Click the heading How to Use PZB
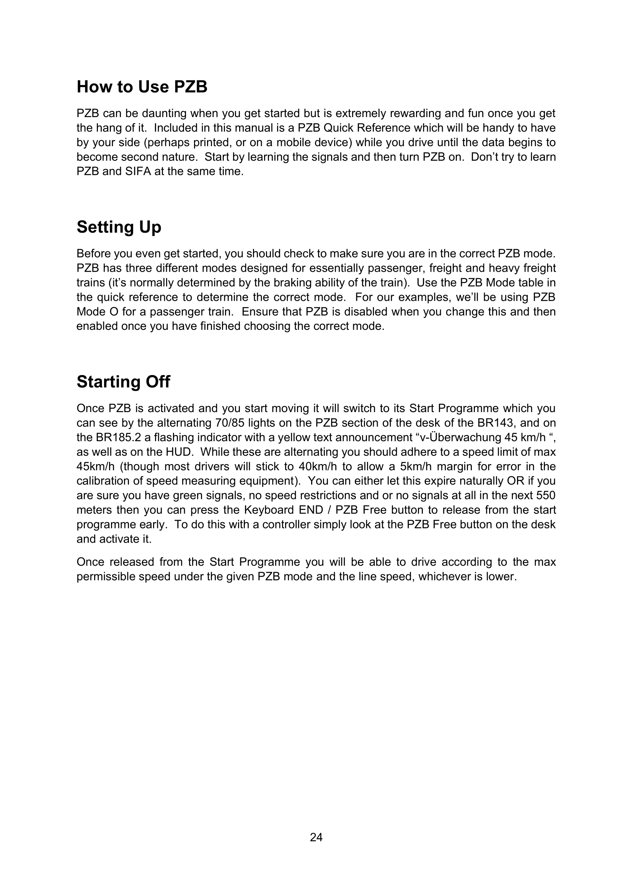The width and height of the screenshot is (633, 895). tap(142, 86)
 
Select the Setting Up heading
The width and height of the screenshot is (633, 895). tap(119, 227)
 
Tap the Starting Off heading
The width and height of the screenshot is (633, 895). tap(123, 381)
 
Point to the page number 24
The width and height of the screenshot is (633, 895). tap(316, 837)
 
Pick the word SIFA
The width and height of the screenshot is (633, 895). tap(138, 171)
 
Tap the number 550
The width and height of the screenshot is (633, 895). tap(546, 496)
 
